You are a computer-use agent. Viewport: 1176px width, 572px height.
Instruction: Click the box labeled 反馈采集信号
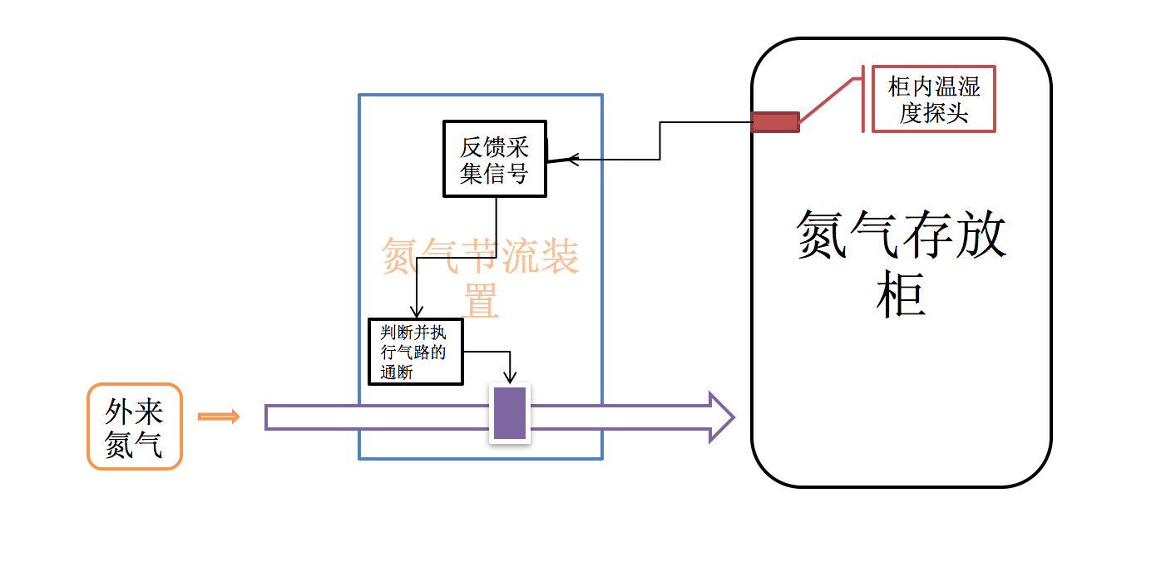coord(495,159)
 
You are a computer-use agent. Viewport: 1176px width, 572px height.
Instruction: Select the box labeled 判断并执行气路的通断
coord(415,352)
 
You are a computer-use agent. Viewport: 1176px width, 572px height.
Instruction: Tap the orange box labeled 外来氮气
coord(135,427)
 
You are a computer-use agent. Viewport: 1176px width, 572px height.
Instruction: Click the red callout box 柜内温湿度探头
coord(933,99)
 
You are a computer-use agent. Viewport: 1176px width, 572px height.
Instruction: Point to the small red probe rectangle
coord(775,122)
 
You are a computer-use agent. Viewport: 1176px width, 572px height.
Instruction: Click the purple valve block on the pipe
coord(510,413)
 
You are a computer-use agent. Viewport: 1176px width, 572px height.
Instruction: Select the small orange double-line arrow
coord(219,417)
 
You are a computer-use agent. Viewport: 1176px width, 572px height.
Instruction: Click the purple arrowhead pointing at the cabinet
coord(721,417)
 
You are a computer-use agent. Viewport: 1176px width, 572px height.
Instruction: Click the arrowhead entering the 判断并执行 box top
coord(417,311)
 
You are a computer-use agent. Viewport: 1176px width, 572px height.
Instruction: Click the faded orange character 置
coord(481,300)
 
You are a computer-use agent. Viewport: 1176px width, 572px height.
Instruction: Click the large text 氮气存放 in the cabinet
coord(902,234)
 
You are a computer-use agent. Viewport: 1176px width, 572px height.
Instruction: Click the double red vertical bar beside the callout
coord(866,99)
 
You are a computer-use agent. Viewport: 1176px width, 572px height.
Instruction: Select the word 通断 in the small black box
coord(397,372)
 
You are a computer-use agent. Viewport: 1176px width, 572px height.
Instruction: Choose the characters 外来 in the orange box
coord(134,411)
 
